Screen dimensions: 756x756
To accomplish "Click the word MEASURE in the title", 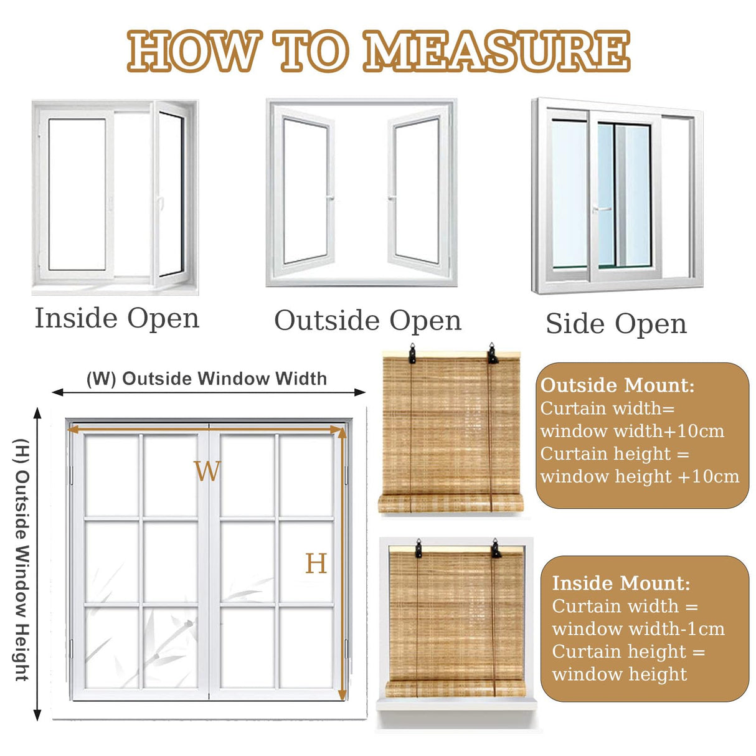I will coord(496,51).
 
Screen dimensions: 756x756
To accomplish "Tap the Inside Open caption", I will coord(116,318).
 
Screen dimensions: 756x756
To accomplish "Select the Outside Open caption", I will coord(367,321).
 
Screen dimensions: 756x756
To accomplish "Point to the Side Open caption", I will coord(616,324).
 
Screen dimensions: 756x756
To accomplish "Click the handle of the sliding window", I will coord(600,209).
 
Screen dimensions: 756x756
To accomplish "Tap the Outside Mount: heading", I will coord(617,385).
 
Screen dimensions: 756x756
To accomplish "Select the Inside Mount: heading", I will coord(621,584).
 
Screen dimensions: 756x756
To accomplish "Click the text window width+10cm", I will coord(632,431).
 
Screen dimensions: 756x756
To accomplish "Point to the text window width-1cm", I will coord(638,629).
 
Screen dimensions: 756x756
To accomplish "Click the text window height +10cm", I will coord(640,477).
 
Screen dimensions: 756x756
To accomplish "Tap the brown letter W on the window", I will coord(207,471).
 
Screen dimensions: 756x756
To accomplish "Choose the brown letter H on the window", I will coord(316,564).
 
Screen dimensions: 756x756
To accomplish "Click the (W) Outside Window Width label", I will coord(206,379).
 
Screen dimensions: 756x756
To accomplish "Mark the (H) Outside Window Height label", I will coord(22,559).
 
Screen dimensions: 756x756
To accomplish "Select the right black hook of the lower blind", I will coord(496,549).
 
